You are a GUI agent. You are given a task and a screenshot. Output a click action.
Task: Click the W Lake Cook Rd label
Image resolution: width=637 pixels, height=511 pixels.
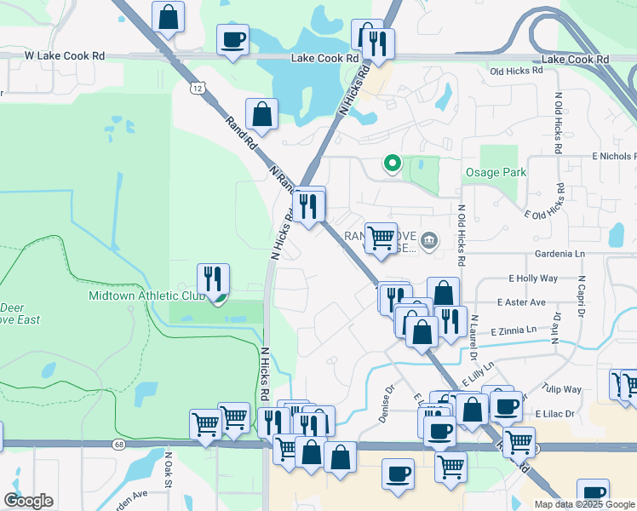(x=65, y=55)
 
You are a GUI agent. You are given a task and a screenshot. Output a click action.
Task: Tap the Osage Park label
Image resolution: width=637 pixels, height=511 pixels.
(x=496, y=172)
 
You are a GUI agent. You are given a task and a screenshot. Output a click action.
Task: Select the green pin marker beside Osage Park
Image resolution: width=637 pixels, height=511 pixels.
(x=392, y=162)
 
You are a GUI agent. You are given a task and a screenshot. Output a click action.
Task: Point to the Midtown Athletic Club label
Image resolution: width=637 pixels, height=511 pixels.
(x=147, y=296)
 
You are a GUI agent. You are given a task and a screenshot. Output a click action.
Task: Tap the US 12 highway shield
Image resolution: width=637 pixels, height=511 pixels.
(x=198, y=88)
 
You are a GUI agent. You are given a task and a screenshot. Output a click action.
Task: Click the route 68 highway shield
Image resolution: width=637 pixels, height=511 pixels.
(x=117, y=444)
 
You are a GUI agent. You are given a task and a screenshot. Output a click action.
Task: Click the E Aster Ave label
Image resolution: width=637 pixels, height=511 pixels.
(x=521, y=302)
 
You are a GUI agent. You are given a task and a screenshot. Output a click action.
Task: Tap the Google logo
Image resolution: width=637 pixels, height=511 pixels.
(x=28, y=501)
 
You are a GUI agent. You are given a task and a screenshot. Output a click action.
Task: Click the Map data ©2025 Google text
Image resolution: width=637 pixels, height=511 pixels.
(x=583, y=504)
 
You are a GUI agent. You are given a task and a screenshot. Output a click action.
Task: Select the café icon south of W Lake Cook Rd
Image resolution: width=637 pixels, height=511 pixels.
(x=232, y=38)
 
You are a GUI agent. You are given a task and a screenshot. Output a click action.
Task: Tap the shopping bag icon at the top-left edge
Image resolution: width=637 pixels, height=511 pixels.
(x=169, y=16)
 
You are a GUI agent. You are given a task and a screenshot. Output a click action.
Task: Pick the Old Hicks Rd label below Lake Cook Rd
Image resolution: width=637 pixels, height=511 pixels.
(x=516, y=71)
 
